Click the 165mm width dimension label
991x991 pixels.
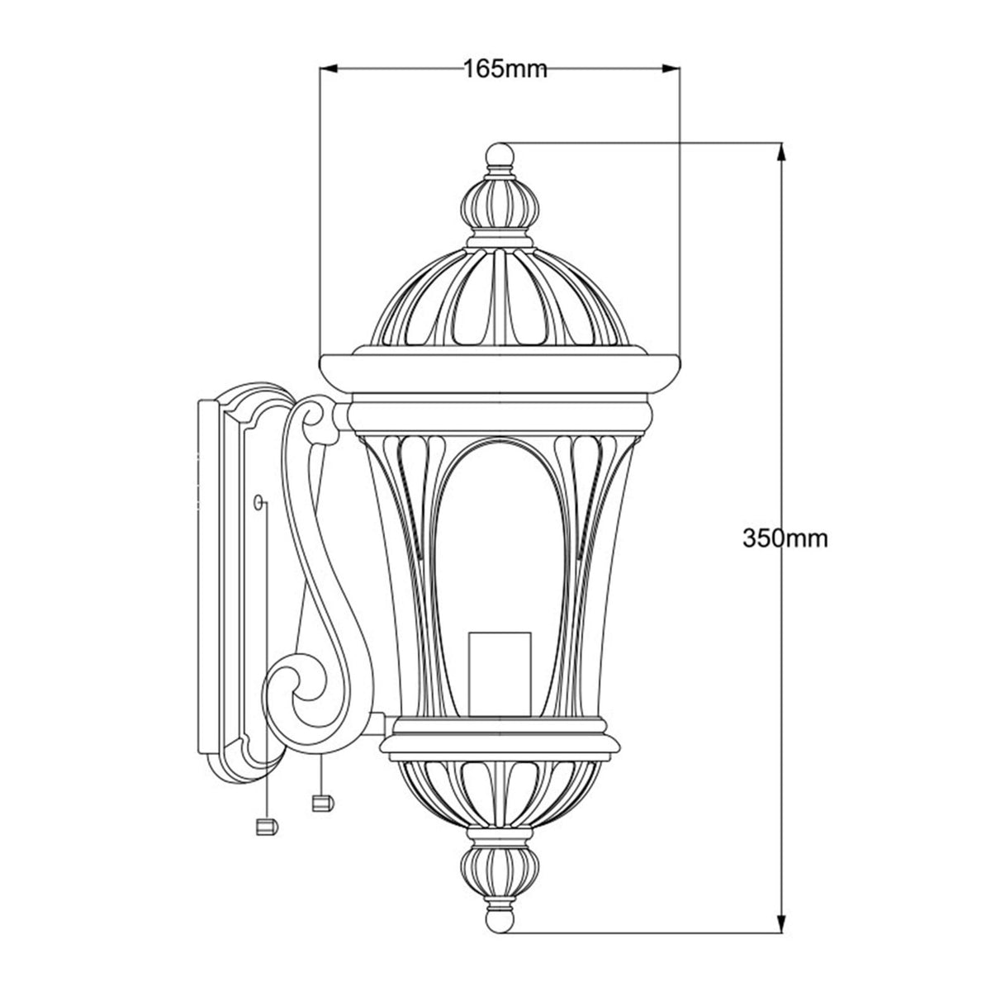pos(505,69)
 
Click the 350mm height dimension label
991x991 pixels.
pos(785,538)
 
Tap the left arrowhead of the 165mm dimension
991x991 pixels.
pos(327,69)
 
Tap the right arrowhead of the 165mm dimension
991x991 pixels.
pos(672,69)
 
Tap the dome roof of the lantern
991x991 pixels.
pos(500,297)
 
